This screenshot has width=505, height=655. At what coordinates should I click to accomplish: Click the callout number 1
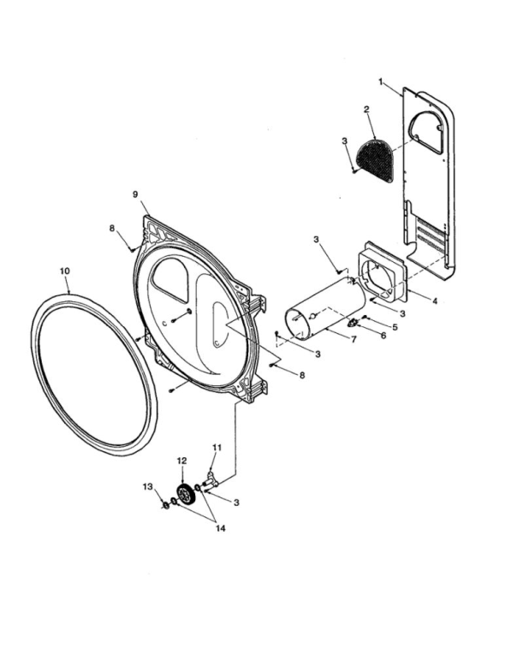381,82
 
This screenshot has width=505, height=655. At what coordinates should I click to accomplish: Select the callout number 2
366,110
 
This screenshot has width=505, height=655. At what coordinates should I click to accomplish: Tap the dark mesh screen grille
374,160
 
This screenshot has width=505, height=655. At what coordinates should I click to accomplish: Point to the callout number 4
435,301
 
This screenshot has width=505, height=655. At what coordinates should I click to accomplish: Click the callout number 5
395,327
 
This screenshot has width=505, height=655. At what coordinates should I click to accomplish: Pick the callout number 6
383,336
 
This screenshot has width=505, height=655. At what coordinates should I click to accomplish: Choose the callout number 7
353,339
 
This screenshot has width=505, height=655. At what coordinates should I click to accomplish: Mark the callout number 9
135,194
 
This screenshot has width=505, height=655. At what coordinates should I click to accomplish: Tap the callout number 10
65,271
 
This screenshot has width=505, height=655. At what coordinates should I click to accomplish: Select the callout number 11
217,448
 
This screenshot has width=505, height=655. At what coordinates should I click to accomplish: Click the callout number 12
181,461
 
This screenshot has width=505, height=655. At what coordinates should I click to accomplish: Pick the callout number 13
148,486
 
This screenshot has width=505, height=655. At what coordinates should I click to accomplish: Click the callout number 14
221,528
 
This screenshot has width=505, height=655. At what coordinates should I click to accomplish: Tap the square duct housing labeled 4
383,272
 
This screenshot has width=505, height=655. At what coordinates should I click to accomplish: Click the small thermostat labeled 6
353,323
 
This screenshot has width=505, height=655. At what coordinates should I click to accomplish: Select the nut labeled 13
165,505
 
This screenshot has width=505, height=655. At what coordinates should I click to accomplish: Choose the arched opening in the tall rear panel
426,132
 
